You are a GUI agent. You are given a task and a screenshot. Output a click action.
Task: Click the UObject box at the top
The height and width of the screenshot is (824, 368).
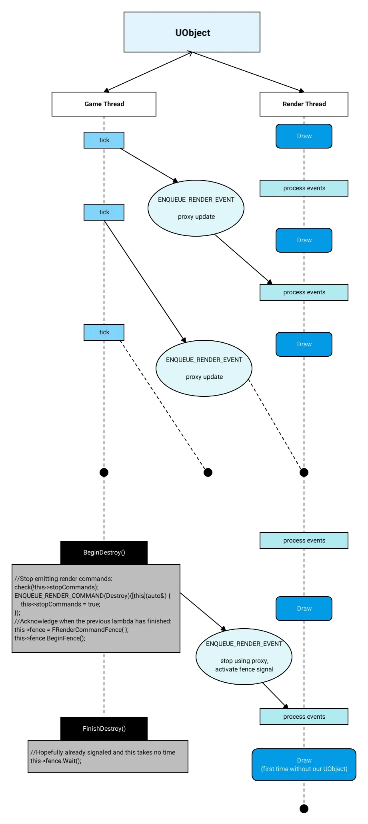[192, 32]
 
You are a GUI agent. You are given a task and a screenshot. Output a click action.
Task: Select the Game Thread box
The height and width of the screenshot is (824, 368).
[104, 104]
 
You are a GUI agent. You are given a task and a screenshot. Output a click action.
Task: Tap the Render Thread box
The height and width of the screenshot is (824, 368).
[304, 104]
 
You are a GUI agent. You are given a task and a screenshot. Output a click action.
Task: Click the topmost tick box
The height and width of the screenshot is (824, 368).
[104, 140]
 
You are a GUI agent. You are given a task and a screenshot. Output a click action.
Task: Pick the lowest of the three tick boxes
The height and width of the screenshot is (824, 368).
[104, 332]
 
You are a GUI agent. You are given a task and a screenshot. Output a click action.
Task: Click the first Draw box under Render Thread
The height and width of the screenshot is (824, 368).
[304, 136]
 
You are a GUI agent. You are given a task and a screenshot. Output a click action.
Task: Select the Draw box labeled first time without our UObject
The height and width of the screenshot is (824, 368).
[304, 764]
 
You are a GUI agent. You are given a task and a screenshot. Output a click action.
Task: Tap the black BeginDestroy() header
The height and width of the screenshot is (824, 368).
[104, 553]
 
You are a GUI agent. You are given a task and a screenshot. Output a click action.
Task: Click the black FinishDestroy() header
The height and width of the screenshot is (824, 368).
[104, 729]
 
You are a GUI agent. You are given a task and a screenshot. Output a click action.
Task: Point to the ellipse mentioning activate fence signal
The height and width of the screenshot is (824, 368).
[244, 657]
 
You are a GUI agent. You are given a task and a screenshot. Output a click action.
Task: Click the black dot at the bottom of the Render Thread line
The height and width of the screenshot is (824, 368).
[304, 809]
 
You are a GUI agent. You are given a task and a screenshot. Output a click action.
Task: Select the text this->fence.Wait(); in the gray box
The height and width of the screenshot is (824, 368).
[56, 761]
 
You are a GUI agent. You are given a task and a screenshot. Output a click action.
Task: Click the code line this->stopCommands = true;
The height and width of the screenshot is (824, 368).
[60, 604]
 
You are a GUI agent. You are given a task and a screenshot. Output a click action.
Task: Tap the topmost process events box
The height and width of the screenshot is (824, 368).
[304, 188]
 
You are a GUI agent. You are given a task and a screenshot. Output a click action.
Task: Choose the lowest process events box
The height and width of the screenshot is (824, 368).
[304, 717]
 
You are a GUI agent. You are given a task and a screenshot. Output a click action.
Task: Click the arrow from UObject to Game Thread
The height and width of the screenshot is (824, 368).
[148, 72]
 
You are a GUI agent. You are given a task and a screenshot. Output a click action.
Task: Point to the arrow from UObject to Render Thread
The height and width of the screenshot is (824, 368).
[248, 72]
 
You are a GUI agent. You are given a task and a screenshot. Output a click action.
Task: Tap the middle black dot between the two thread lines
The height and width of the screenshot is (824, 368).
[208, 472]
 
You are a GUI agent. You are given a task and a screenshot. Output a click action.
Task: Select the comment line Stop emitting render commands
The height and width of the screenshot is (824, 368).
[64, 579]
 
